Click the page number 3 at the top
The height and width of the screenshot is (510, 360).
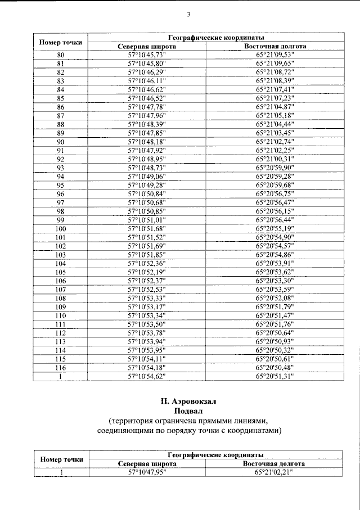188,15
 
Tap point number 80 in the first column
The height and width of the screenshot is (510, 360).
61,55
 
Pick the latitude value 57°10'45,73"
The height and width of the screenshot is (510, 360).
147,55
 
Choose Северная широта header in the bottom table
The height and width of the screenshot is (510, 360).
147,464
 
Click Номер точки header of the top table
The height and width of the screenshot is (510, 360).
61,42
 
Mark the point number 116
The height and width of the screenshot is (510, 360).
61,367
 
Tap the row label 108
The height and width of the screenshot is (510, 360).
61,297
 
